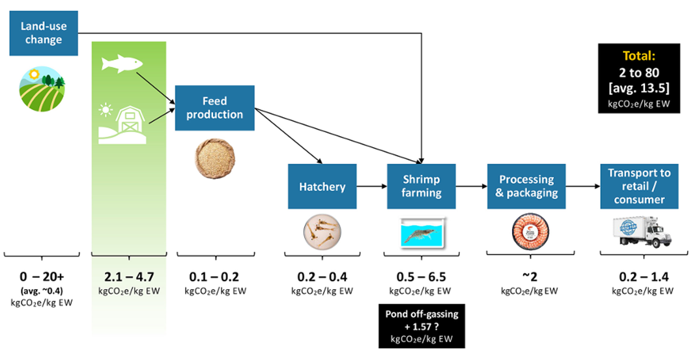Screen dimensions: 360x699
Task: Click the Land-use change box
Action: pyautogui.click(x=44, y=33)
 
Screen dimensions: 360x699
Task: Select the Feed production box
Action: pyautogui.click(x=214, y=108)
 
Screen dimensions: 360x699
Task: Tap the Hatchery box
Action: pyautogui.click(x=322, y=186)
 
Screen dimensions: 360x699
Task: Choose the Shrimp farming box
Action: pyautogui.click(x=421, y=186)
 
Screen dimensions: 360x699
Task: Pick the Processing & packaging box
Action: pyautogui.click(x=526, y=186)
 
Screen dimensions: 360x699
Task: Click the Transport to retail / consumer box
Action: pyautogui.click(x=639, y=186)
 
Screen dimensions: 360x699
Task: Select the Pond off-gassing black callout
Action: pyautogui.click(x=421, y=325)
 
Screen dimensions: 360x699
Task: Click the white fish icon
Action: pyautogui.click(x=122, y=63)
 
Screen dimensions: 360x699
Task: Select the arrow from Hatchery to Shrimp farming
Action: pyautogui.click(x=372, y=187)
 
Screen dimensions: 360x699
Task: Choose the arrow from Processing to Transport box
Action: pyautogui.click(x=583, y=187)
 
